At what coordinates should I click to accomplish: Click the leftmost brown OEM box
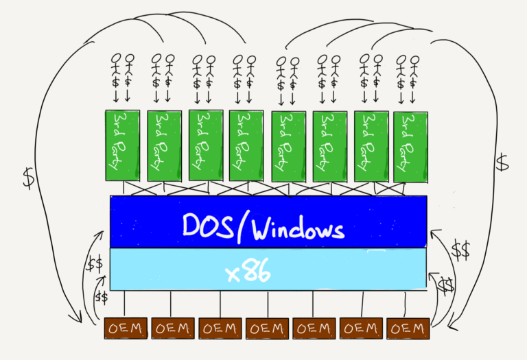pyautogui.click(x=126, y=328)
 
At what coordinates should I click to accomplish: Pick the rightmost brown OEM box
pyautogui.click(x=408, y=328)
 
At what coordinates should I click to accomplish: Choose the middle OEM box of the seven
pyautogui.click(x=267, y=328)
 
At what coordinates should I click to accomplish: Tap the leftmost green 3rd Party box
pyautogui.click(x=122, y=145)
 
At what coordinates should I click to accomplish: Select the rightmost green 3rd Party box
pyautogui.click(x=410, y=147)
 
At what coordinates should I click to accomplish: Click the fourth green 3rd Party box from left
pyautogui.click(x=246, y=145)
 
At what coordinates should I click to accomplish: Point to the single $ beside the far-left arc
pyautogui.click(x=29, y=178)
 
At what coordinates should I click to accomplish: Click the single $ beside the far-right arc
pyautogui.click(x=502, y=163)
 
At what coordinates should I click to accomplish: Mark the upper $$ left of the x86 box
pyautogui.click(x=94, y=263)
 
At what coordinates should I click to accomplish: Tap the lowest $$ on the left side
pyautogui.click(x=101, y=298)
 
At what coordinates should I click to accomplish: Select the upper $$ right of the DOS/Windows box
pyautogui.click(x=460, y=250)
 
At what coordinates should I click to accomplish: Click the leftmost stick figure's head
pyautogui.click(x=116, y=58)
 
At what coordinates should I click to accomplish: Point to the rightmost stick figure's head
pyautogui.click(x=415, y=60)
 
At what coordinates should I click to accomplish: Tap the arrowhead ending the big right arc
pyautogui.click(x=452, y=324)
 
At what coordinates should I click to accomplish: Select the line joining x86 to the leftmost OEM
pyautogui.click(x=125, y=304)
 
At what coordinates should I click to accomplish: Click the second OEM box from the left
pyautogui.click(x=173, y=328)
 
